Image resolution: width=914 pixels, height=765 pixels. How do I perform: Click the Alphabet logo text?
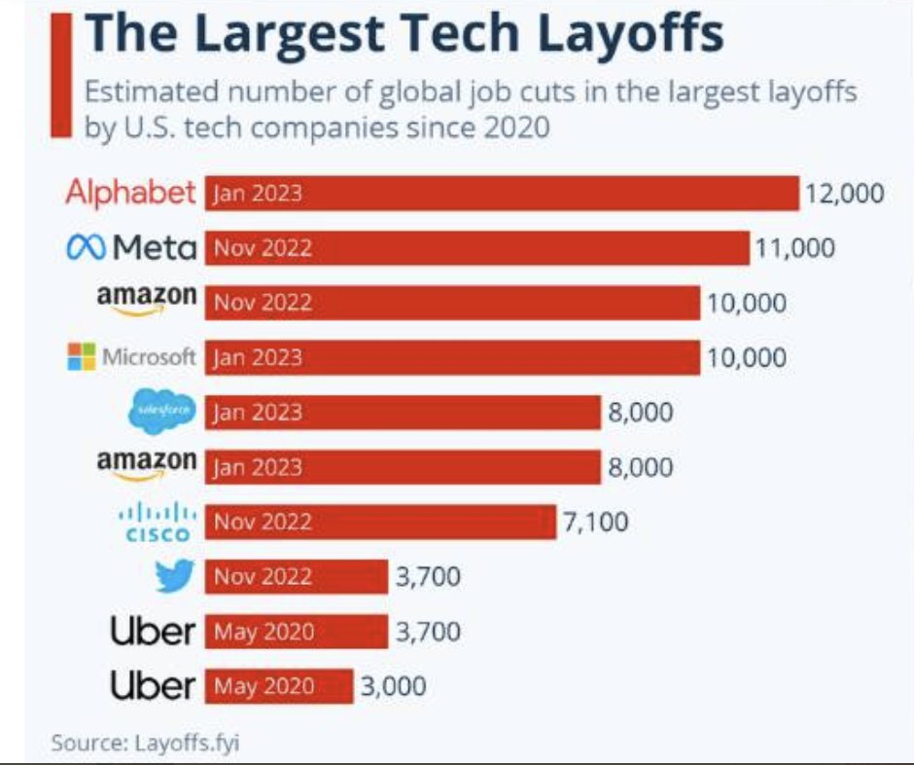(x=130, y=193)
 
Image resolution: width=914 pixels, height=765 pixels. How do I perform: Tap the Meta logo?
(x=130, y=248)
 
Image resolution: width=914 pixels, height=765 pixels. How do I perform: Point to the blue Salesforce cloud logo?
(x=161, y=413)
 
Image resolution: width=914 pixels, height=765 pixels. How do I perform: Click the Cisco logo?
(x=162, y=523)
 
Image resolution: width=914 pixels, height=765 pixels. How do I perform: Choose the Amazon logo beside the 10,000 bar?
(x=147, y=300)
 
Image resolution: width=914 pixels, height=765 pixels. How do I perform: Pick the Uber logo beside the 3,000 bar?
(x=153, y=686)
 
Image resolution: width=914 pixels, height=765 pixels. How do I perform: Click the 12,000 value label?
(x=844, y=194)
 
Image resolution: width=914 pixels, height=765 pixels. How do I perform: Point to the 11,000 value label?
(x=794, y=248)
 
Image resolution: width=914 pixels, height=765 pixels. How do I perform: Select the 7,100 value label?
(x=595, y=523)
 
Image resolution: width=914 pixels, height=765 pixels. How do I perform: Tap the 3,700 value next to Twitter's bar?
(x=428, y=577)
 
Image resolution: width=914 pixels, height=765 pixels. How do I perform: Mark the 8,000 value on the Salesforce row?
(x=641, y=413)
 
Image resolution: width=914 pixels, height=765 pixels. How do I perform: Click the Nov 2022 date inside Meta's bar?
(x=264, y=248)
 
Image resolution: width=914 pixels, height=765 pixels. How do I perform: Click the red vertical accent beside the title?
(x=62, y=73)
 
